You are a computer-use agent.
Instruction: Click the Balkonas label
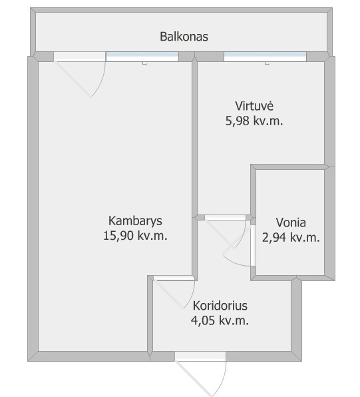[x=184, y=37]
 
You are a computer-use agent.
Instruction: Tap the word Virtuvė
[x=254, y=106]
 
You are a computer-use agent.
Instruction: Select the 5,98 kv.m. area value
[x=254, y=121]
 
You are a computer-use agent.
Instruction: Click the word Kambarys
[x=135, y=220]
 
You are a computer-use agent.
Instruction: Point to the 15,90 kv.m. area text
[x=135, y=236]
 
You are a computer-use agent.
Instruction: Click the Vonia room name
[x=291, y=222]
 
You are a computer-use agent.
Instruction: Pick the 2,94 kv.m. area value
[x=291, y=238]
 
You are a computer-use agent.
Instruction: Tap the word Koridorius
[x=220, y=305]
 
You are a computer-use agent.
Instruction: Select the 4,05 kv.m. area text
[x=220, y=320]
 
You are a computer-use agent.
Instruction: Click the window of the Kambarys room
[x=142, y=56]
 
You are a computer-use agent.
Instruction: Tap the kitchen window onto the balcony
[x=265, y=56]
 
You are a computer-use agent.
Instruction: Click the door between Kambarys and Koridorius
[x=174, y=292]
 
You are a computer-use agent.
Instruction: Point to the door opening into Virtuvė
[x=225, y=231]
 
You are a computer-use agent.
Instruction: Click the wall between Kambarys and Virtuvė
[x=194, y=137]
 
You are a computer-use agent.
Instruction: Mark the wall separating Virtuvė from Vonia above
[x=290, y=167]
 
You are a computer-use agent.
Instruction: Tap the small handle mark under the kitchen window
[x=267, y=63]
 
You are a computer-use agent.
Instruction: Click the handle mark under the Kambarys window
[x=144, y=63]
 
